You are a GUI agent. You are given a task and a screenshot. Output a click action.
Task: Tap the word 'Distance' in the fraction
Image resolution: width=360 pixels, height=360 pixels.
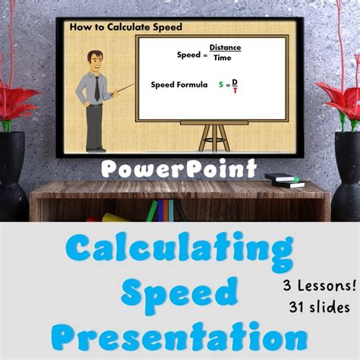pos(225,48)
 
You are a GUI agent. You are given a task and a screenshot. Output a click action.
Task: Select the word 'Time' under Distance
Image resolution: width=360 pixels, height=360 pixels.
pos(222,58)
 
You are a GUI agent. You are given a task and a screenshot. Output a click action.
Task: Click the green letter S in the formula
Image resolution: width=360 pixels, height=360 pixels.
pos(221,85)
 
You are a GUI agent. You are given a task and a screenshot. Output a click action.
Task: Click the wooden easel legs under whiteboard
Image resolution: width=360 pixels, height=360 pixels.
pos(213,137)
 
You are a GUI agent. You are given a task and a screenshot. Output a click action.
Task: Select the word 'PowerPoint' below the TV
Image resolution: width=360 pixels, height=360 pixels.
pos(180,168)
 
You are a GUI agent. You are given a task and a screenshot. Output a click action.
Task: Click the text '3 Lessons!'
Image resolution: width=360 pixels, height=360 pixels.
pos(320,286)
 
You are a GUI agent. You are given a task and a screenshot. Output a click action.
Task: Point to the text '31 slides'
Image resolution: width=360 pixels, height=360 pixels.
pos(320,308)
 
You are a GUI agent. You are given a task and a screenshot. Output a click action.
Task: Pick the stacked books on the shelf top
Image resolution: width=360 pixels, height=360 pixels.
pos(284,180)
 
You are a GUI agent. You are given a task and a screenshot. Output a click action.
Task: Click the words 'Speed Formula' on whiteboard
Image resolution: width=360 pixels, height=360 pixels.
pos(179,85)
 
